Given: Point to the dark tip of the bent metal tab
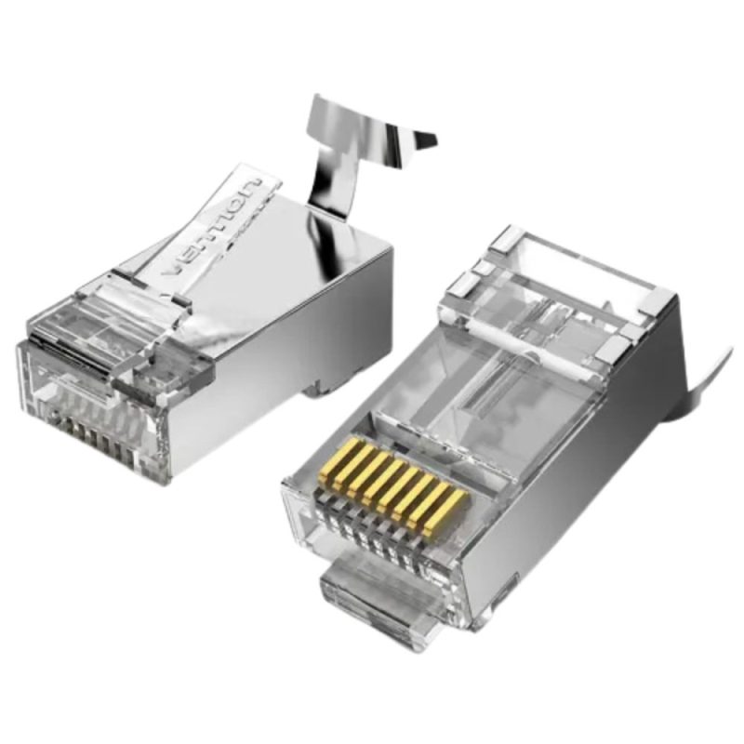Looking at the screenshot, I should (424, 139).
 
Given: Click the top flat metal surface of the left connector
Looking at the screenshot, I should (307, 242).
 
